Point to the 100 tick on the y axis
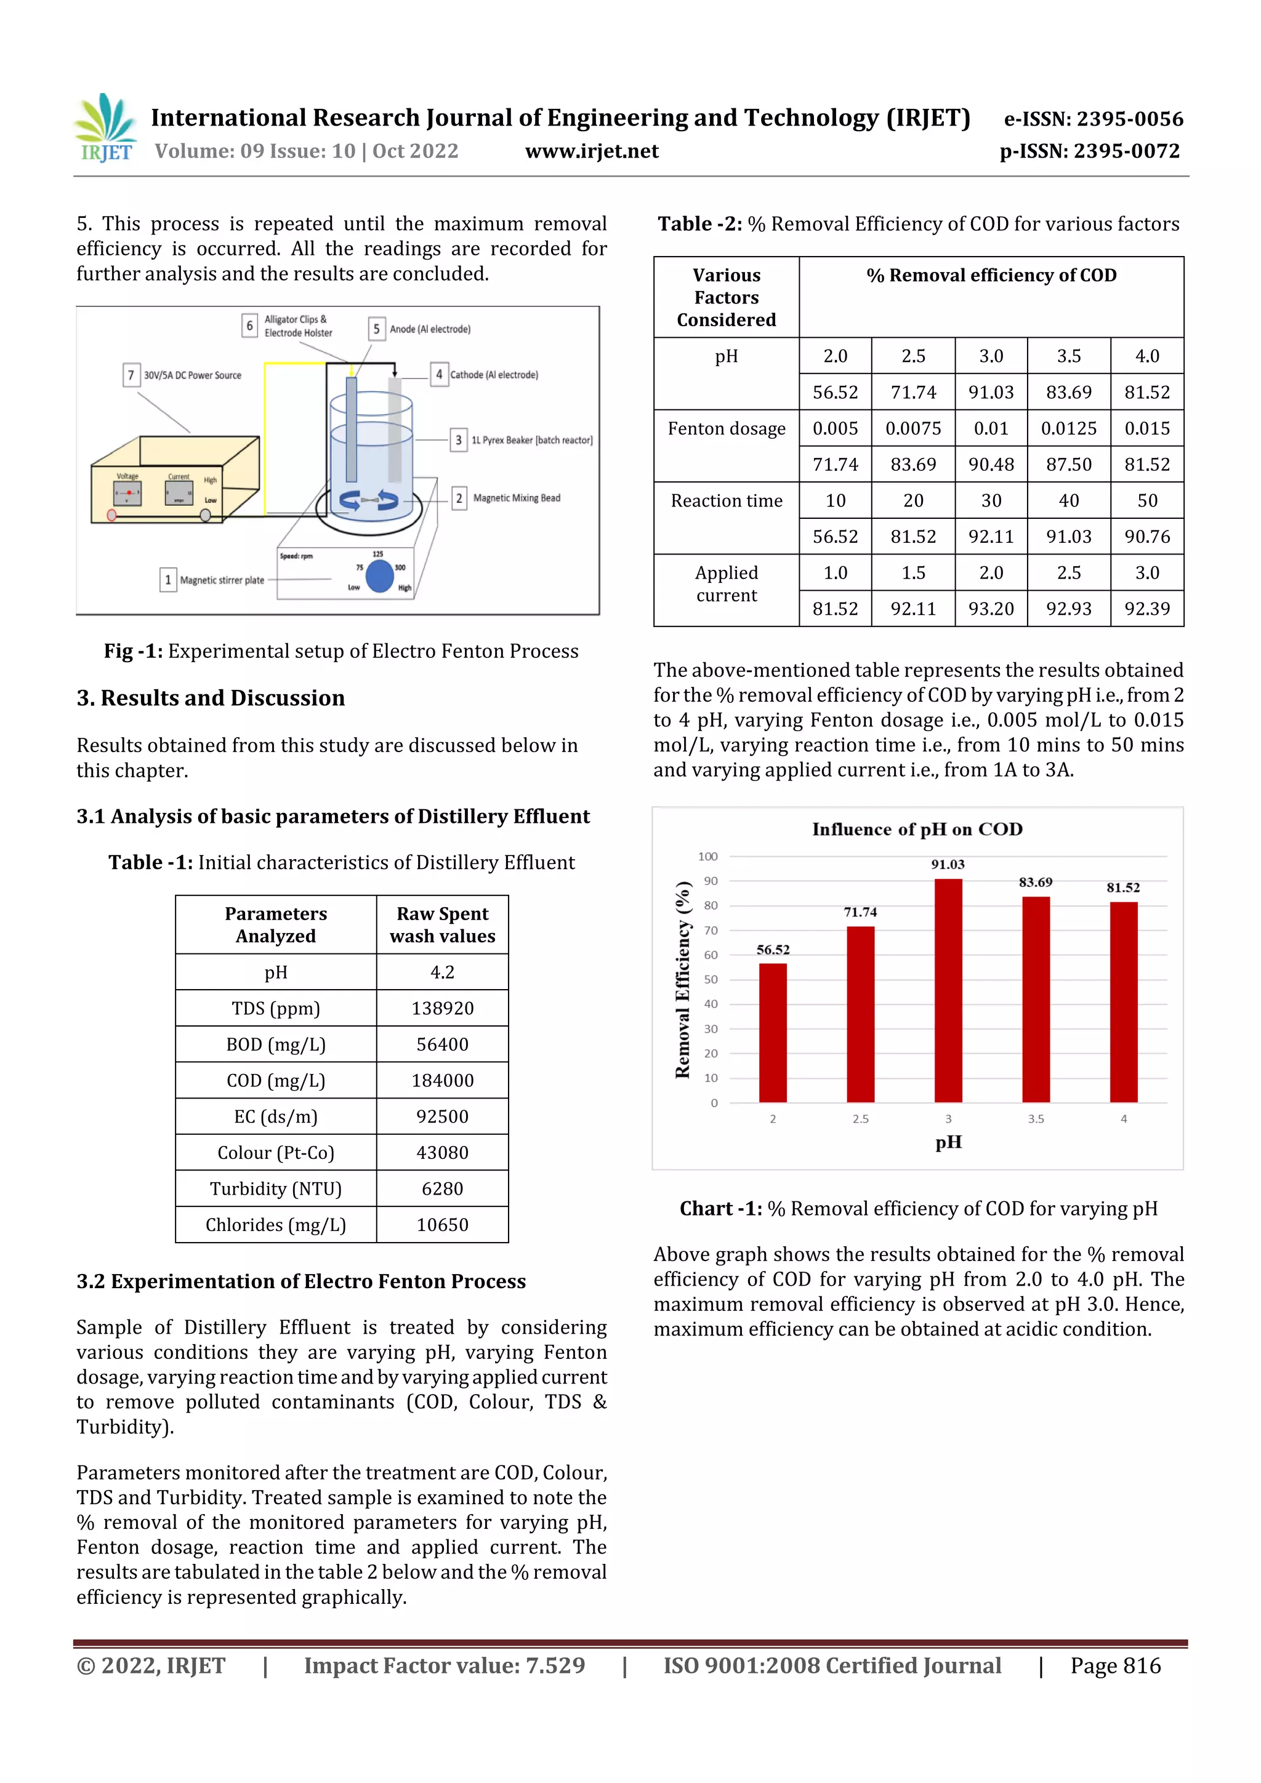tap(708, 857)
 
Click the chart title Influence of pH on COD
tap(917, 830)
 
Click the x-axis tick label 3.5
tap(1036, 1119)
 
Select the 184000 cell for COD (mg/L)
tap(442, 1080)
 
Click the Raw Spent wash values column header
tap(442, 924)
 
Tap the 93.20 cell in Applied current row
tap(991, 609)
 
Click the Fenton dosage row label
tap(727, 428)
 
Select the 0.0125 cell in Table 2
tap(1068, 428)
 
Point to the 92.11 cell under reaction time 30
tap(991, 537)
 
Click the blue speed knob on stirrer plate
tap(379, 576)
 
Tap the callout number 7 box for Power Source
tap(131, 375)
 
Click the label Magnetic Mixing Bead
tap(517, 498)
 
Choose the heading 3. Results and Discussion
tap(211, 698)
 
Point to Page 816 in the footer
tap(1115, 1665)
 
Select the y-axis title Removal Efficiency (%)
tap(683, 979)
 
